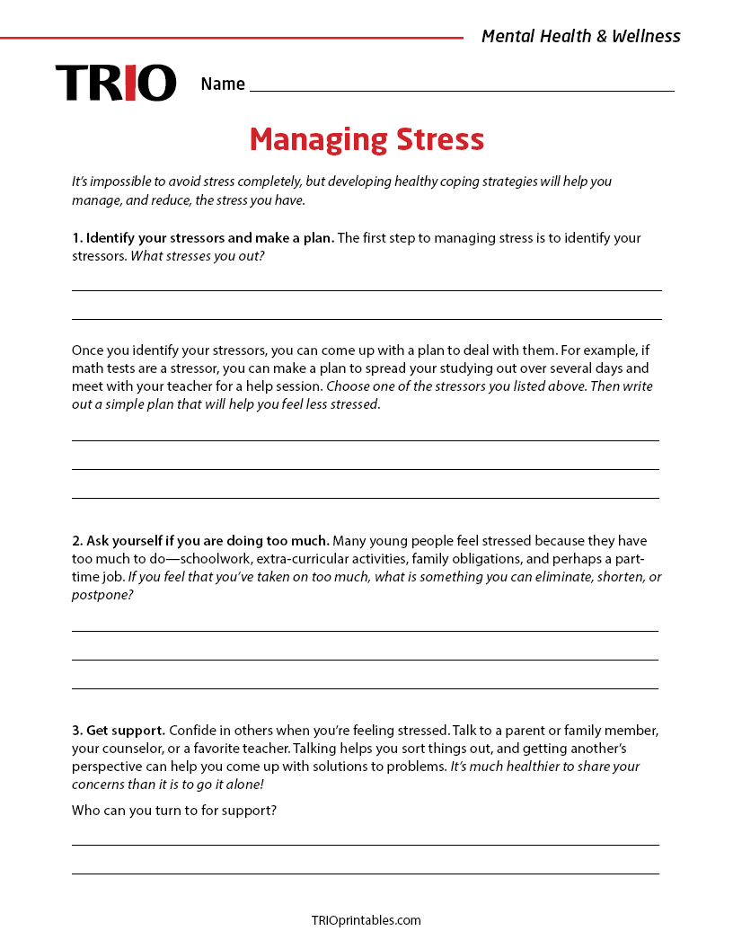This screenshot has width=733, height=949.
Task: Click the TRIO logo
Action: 116,83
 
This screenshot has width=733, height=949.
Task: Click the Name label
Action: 223,84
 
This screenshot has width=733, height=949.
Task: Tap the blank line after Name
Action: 462,89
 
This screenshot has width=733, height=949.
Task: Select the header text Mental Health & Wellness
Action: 580,36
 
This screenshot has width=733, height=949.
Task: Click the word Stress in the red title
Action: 440,139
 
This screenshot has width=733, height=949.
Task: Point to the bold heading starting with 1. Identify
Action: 203,238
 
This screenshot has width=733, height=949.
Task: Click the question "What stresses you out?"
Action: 198,256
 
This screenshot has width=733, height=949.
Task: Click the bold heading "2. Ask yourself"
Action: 201,541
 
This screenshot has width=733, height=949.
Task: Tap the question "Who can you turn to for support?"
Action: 173,811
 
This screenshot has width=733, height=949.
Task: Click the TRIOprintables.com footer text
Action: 366,920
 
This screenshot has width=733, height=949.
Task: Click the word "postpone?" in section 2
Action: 102,594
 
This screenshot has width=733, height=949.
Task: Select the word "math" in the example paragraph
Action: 87,368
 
